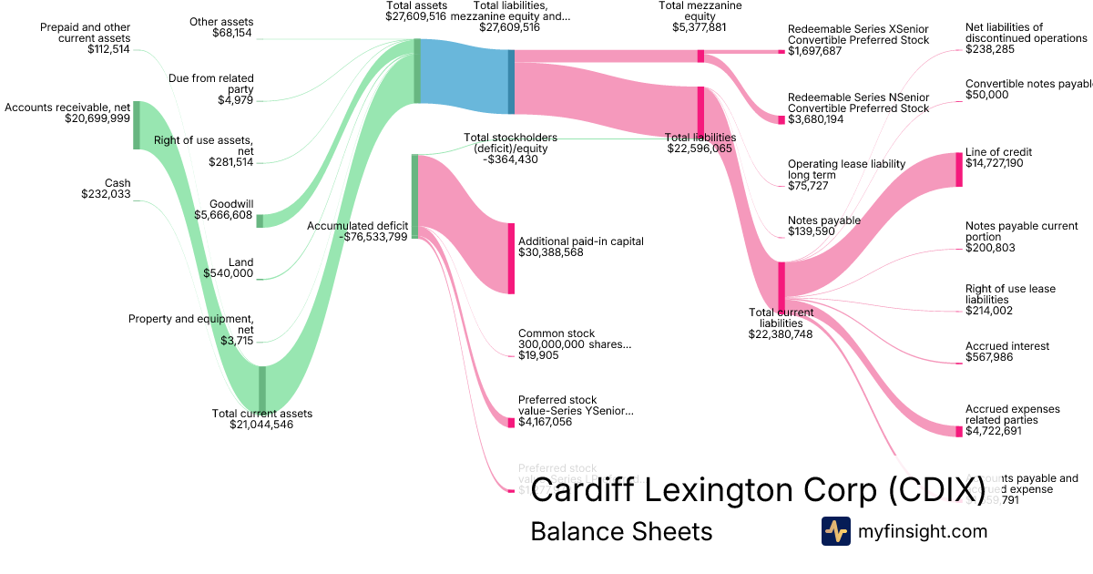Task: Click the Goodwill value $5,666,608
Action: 224,215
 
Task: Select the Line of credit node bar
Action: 959,169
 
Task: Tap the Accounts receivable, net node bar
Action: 137,125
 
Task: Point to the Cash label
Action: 117,183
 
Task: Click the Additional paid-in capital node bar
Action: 511,258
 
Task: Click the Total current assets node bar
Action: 262,389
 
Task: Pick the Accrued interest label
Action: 1007,346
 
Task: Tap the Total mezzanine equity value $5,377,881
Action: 700,27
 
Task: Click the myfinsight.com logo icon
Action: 835,531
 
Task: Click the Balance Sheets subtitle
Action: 621,531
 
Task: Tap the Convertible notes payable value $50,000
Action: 987,95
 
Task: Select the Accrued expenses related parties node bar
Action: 959,431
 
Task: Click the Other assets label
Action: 221,22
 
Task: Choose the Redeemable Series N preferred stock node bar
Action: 781,119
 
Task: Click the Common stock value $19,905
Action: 538,355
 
